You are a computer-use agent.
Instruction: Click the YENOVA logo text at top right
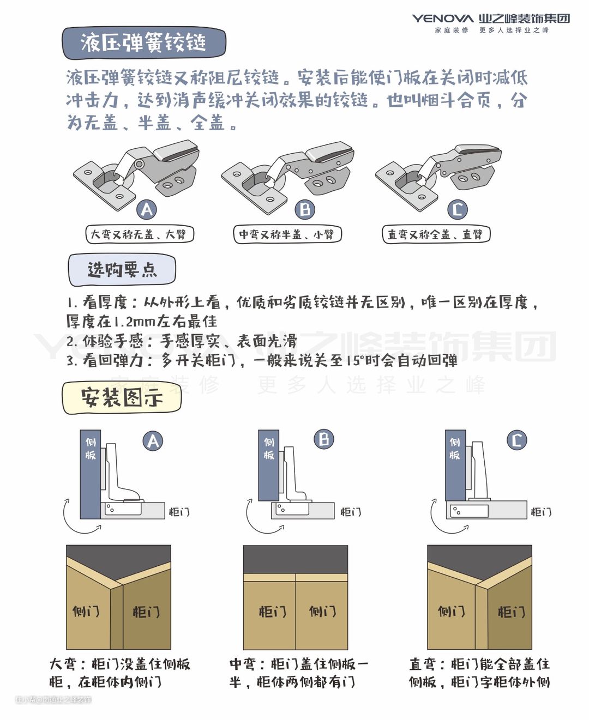442,18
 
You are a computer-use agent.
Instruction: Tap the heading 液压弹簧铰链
144,43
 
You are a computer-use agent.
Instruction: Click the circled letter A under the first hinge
147,209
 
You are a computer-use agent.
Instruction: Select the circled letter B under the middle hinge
305,209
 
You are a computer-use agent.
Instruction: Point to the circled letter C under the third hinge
457,209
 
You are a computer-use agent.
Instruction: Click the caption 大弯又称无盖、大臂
140,234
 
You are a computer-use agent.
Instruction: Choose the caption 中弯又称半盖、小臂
287,234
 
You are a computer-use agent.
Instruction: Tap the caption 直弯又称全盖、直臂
436,234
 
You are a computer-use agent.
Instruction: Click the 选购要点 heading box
122,270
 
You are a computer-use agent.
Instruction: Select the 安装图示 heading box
122,398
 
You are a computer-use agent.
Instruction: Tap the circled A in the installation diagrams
153,441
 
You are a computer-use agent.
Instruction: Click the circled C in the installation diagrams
516,440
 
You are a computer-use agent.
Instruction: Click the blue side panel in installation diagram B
268,465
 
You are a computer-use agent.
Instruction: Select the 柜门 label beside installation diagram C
541,512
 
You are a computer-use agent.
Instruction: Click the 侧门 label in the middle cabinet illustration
322,611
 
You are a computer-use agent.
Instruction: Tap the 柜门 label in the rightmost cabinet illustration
511,612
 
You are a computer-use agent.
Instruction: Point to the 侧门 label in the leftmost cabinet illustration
86,611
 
